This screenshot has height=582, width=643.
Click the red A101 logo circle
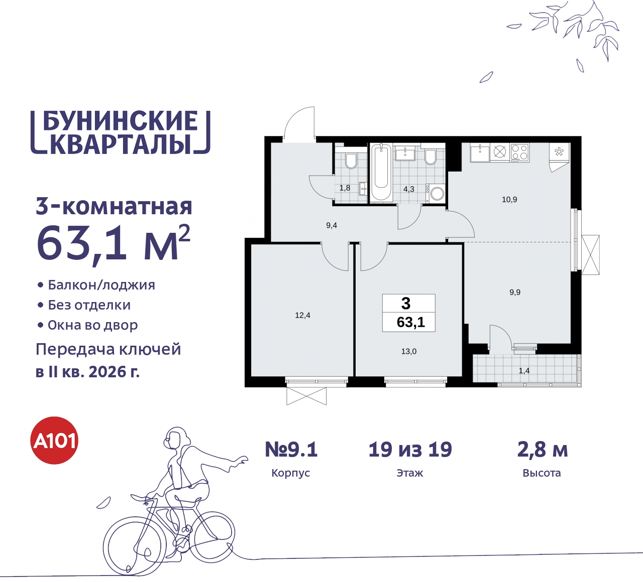tap(55, 441)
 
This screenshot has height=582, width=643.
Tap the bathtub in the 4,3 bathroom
tap(382, 173)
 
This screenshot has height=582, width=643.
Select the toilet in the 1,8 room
tap(351, 160)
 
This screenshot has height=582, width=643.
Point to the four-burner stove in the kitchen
tap(519, 152)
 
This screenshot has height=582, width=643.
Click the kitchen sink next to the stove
tap(480, 152)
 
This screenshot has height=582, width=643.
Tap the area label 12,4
tap(302, 316)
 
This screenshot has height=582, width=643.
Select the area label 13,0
tap(408, 352)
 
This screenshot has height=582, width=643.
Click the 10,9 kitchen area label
tap(509, 200)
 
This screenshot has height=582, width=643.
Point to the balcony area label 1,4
tap(524, 371)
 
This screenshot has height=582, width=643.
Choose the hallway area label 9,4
tap(332, 226)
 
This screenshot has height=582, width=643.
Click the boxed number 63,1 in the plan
tap(410, 322)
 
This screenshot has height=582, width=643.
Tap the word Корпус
tap(290, 473)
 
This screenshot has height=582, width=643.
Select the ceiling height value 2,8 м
tap(542, 450)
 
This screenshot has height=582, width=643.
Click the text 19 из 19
tap(410, 450)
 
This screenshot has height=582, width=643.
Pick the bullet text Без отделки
tap(89, 305)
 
